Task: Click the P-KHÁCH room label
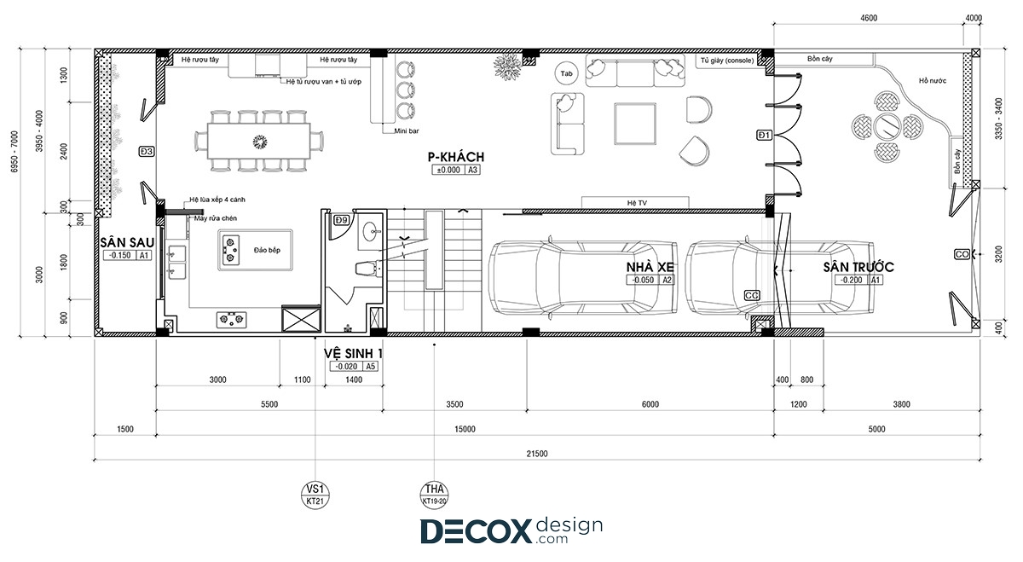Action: [x=456, y=157]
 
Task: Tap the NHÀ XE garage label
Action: [x=650, y=267]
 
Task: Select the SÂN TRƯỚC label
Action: [x=858, y=267]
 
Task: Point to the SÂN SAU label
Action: [x=127, y=242]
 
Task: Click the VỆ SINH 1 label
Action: [x=353, y=354]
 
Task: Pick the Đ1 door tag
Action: [x=765, y=136]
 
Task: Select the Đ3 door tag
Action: [x=147, y=152]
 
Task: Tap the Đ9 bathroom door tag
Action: [x=341, y=220]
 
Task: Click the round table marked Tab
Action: [x=566, y=73]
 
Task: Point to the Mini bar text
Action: [x=407, y=131]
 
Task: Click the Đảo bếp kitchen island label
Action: [x=267, y=250]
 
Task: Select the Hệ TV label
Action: [x=637, y=203]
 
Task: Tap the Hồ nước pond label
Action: [x=933, y=81]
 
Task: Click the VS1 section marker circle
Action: [x=315, y=495]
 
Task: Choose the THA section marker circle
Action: [x=434, y=495]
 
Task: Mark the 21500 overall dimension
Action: [x=536, y=454]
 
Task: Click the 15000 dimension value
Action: [x=465, y=429]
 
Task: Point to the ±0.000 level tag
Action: [x=448, y=170]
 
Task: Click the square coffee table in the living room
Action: [x=635, y=124]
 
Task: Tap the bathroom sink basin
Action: [x=370, y=232]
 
